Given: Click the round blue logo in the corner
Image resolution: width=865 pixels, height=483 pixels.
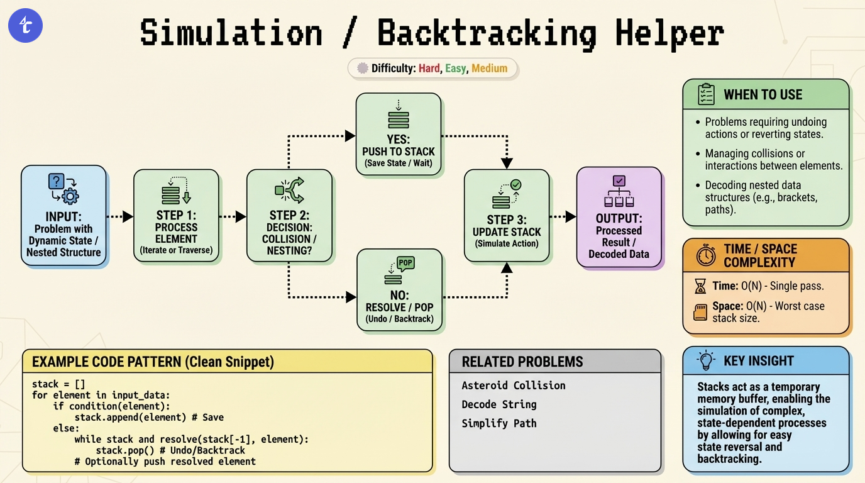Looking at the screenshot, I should tap(25, 25).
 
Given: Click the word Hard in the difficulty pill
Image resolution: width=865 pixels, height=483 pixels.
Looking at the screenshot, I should tap(429, 68).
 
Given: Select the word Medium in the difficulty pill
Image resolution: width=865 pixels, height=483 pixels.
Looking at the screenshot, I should tap(489, 68).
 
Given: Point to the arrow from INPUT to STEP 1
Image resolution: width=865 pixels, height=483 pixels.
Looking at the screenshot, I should tap(119, 216).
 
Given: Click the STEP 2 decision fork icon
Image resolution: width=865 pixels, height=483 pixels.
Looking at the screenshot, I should tap(289, 189).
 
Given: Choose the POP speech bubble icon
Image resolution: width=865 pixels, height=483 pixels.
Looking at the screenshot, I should tap(405, 263).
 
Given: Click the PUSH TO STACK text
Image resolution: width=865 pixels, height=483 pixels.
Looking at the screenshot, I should tap(399, 152).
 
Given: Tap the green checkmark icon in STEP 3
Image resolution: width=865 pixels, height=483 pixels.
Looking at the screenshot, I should tap(516, 185).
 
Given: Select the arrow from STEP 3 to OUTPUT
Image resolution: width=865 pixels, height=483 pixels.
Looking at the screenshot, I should tap(563, 216).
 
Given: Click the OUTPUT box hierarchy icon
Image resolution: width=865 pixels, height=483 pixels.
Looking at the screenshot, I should tap(619, 191).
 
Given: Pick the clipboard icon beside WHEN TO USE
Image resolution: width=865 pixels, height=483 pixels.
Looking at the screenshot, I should tap(706, 94).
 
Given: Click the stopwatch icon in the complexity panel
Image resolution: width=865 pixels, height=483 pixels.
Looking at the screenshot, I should tap(706, 256).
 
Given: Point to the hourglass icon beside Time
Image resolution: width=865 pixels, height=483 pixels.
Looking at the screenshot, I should tap(700, 287).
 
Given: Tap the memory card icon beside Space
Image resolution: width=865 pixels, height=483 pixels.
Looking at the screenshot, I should tap(700, 312).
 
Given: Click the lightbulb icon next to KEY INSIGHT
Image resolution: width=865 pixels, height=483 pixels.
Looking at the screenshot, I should tap(706, 360).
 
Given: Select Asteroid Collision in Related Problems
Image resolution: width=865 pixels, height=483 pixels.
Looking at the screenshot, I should tap(513, 386).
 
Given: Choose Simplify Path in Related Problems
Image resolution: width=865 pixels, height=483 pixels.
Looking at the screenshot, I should tap(499, 423).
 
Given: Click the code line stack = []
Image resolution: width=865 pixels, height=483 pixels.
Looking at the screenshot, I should tap(58, 384).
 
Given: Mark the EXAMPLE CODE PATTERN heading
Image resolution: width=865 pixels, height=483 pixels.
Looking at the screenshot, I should tap(153, 362).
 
